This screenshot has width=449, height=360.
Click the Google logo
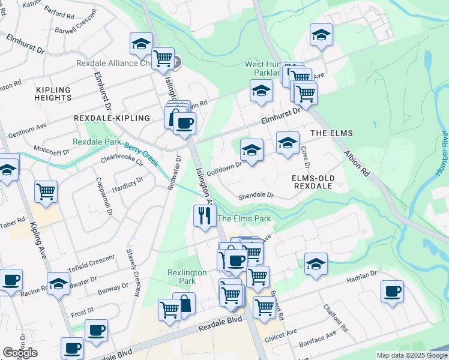20,353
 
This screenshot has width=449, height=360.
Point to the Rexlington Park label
187,277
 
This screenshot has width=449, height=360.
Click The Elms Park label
244,219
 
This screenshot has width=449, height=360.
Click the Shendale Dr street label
256,196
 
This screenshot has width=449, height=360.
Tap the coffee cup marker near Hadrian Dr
392,292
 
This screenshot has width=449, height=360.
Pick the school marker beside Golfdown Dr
252,150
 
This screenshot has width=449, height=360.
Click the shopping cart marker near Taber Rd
46,191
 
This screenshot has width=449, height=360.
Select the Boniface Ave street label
322,341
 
